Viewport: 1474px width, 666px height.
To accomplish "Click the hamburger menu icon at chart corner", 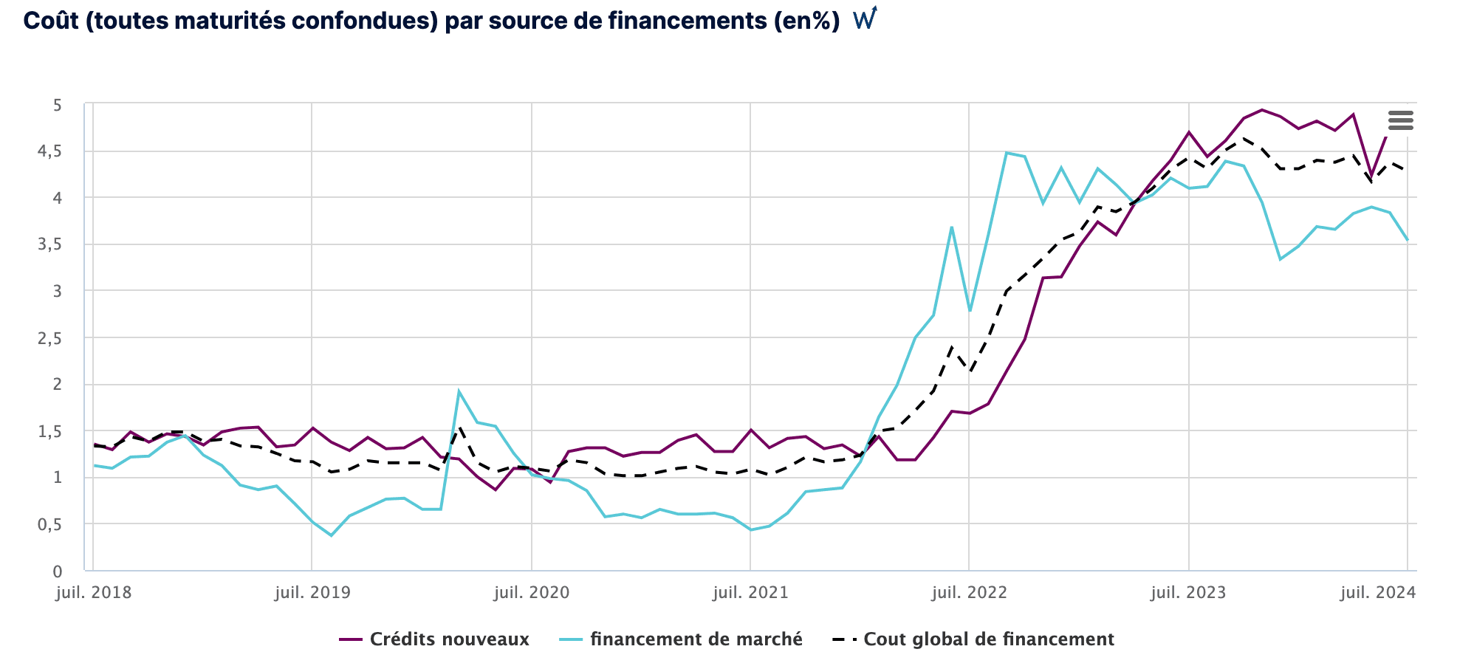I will [x=1400, y=120].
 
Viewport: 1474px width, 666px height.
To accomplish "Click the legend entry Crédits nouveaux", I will [x=449, y=639].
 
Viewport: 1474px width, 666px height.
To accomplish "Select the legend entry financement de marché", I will [x=696, y=639].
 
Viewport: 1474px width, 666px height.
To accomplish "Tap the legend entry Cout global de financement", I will [x=988, y=639].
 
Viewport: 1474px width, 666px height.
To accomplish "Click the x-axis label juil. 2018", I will [x=94, y=593].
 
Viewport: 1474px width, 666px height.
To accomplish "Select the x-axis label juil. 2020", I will [x=532, y=593].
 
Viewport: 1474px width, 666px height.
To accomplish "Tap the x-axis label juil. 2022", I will [x=969, y=593].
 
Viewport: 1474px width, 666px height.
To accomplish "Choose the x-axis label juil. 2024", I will [x=1378, y=593].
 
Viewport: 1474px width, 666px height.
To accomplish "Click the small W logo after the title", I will [x=865, y=18].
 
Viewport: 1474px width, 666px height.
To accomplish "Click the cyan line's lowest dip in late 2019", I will [x=331, y=535].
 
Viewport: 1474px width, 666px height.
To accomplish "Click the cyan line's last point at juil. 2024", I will [x=1407, y=240].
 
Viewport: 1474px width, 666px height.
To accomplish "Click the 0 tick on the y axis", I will [x=57, y=571].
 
